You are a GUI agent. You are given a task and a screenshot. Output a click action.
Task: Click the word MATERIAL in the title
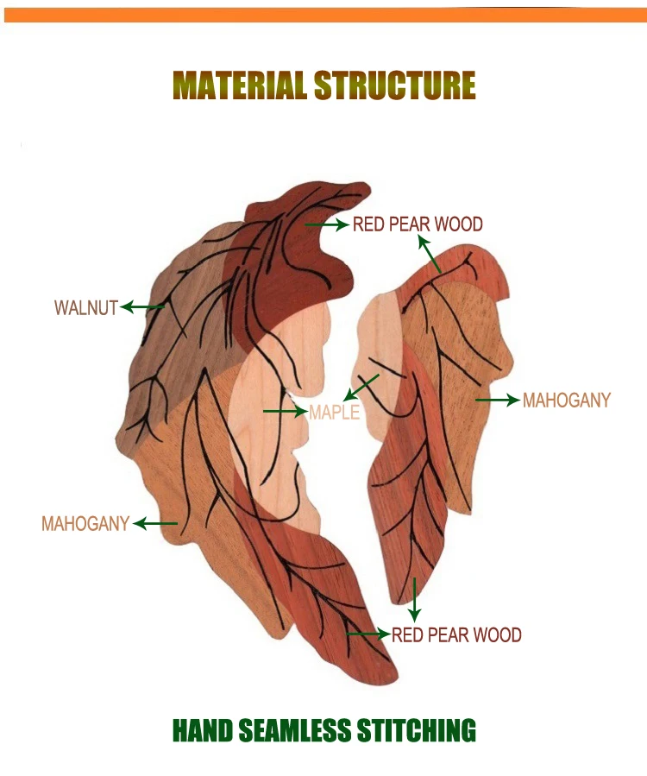pos(240,85)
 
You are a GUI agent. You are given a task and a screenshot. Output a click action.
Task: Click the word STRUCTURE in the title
pos(395,85)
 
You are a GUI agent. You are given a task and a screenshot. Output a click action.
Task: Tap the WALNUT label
pos(86,308)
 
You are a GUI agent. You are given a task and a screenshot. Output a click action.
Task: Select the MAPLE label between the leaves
pos(335,413)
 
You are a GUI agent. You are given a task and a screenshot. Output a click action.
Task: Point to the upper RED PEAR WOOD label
pos(418,224)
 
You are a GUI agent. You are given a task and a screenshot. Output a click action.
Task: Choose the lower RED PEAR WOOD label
pos(456,635)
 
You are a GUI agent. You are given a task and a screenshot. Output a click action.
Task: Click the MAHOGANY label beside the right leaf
pos(567,401)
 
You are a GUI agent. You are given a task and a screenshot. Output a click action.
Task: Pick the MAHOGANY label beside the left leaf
pos(85,524)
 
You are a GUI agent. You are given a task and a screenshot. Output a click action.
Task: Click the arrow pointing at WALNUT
pos(142,306)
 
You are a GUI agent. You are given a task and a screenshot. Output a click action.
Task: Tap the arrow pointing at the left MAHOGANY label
pos(155,523)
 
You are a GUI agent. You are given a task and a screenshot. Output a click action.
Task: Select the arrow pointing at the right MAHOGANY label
pos(498,400)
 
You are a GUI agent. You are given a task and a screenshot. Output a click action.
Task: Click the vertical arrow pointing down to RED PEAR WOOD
pos(415,600)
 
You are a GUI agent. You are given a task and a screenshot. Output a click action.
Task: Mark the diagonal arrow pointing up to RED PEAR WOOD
pos(429,254)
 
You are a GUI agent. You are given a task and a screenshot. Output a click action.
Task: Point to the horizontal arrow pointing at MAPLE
pos(286,411)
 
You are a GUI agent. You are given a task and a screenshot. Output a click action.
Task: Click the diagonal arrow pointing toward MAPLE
pos(361,388)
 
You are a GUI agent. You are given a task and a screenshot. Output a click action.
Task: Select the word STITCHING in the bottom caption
pos(416,730)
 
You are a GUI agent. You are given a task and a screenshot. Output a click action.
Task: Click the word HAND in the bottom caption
pos(203,730)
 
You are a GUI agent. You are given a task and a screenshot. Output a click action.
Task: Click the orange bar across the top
pos(325,15)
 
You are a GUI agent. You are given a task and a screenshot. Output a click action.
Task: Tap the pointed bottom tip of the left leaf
pos(395,681)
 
